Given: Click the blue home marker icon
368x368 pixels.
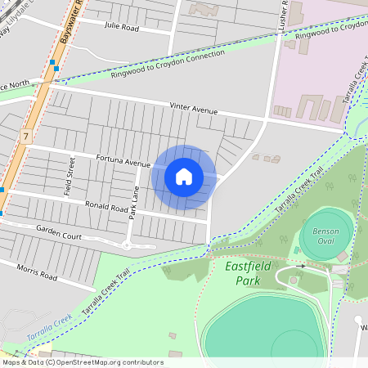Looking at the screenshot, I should click(184, 176).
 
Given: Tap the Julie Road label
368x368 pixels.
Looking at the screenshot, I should click(123, 26).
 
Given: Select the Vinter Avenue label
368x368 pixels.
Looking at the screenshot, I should click(194, 108).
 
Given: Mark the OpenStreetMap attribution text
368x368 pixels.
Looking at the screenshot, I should click(82, 362).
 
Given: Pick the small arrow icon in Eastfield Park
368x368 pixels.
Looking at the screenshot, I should click(301, 266).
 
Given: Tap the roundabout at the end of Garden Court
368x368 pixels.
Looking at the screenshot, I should click(127, 245).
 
